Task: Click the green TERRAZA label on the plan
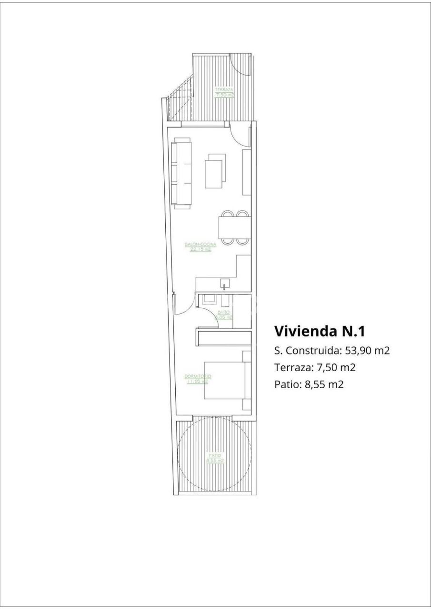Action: [x=224, y=89]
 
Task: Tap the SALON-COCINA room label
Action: [x=200, y=245]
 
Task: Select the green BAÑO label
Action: [x=224, y=312]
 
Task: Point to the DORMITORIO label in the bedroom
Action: [x=197, y=376]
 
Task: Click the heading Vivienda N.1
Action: [x=319, y=331]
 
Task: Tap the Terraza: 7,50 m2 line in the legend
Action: [x=315, y=367]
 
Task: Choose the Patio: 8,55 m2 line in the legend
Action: [x=309, y=384]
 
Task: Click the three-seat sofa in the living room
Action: [x=181, y=173]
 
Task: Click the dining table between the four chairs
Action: [x=234, y=228]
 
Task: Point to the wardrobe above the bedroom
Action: [x=223, y=338]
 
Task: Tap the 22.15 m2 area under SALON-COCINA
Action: [x=200, y=250]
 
